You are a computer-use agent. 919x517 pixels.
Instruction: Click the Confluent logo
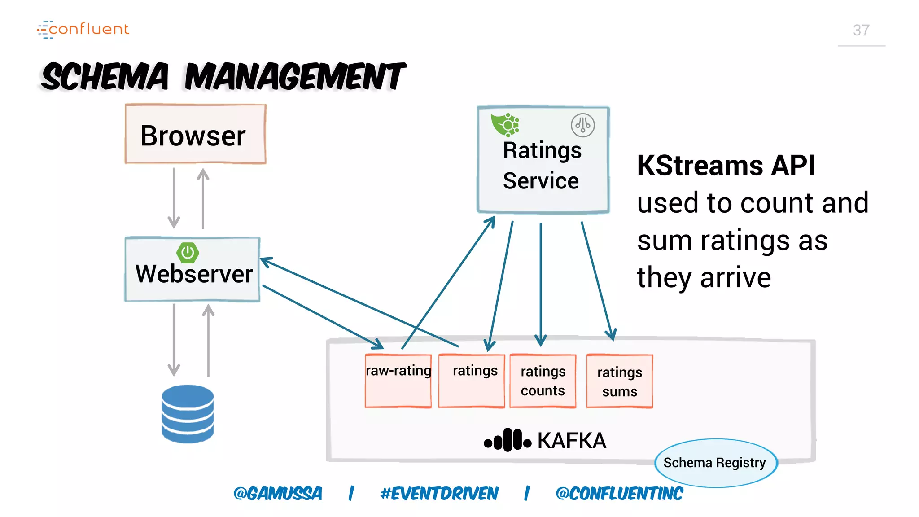click(83, 29)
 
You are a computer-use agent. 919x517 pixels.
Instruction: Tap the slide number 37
click(861, 31)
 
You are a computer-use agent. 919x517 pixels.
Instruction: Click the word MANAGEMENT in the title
click(295, 77)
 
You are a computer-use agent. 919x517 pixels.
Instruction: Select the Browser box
click(195, 134)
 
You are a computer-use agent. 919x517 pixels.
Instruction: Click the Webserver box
click(193, 270)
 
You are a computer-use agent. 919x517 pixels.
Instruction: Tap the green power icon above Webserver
click(188, 253)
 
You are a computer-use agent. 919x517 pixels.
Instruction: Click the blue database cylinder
click(188, 414)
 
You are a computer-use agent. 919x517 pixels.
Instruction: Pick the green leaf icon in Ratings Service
click(504, 125)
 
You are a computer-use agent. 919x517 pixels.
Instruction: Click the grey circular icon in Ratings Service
click(582, 125)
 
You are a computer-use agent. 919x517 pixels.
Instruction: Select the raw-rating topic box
click(398, 381)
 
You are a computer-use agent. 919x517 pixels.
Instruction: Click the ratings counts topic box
click(543, 381)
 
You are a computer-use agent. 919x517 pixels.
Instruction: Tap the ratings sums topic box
click(619, 381)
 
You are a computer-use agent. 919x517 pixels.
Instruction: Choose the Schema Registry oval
click(715, 463)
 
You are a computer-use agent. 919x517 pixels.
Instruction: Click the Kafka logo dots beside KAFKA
click(508, 440)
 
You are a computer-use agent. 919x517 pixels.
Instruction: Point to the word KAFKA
click(572, 441)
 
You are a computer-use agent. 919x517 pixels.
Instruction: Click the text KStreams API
click(726, 166)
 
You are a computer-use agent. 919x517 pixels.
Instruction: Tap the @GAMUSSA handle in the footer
click(278, 494)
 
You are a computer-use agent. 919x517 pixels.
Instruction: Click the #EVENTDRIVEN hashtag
click(439, 494)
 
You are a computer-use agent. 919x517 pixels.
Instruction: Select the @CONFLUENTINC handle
click(619, 494)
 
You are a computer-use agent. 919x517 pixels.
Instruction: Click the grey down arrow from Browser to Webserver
click(174, 197)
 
